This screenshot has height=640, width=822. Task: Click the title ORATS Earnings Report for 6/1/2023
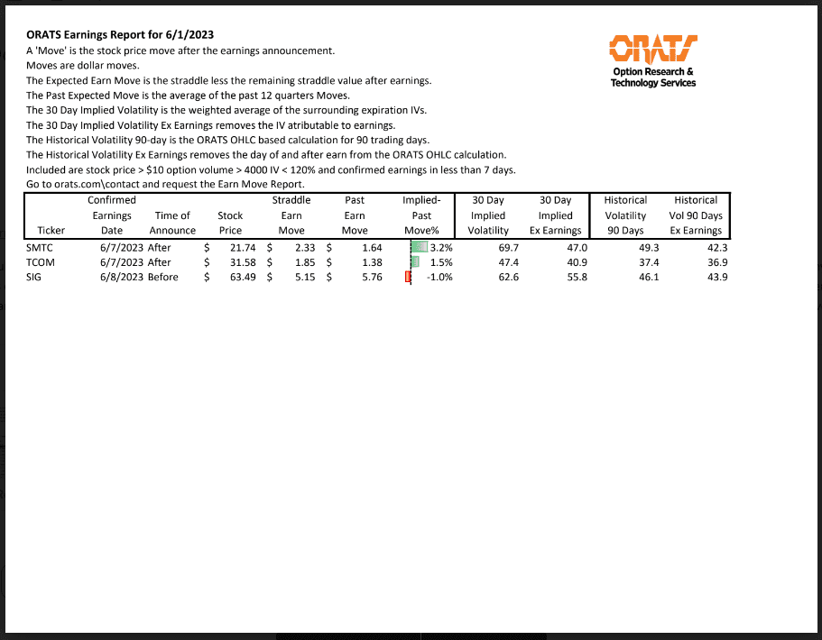pyautogui.click(x=120, y=35)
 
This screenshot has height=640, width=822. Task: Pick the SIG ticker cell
pyautogui.click(x=35, y=277)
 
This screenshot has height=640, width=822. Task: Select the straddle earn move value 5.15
pyautogui.click(x=303, y=277)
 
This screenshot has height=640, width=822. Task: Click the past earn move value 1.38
pyautogui.click(x=372, y=262)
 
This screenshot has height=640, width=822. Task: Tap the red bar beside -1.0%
pyautogui.click(x=409, y=277)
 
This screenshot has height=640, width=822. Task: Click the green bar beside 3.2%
pyautogui.click(x=420, y=247)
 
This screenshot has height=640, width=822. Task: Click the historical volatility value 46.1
pyautogui.click(x=648, y=277)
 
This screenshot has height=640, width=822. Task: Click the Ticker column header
pyautogui.click(x=51, y=230)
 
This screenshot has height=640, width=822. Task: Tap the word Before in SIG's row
pyautogui.click(x=162, y=277)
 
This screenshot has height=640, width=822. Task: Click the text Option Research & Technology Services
pyautogui.click(x=652, y=77)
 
